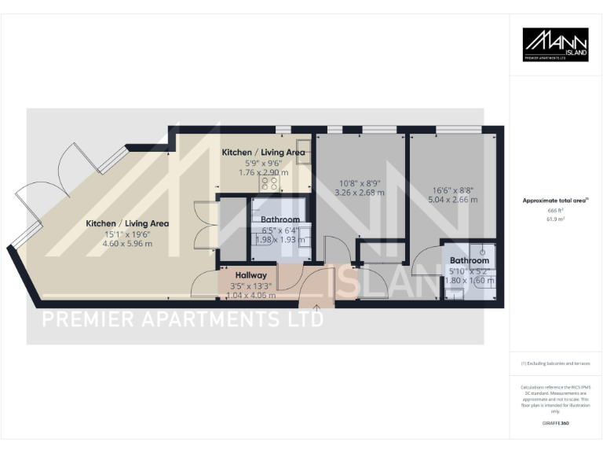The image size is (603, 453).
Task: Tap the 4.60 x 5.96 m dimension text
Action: [x=127, y=244]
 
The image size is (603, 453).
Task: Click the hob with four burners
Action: [x=270, y=182]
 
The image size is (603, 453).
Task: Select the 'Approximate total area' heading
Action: [x=555, y=201]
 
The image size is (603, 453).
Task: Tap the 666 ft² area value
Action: [x=555, y=212]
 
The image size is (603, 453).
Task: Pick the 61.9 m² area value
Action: [x=555, y=222]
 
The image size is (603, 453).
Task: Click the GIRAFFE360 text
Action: [x=555, y=423]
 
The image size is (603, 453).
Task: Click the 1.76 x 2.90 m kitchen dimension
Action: [x=264, y=172]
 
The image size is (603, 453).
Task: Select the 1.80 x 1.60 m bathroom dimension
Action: [x=470, y=280]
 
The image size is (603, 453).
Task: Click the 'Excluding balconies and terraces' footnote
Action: [x=556, y=363]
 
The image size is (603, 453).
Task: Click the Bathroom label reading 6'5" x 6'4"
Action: [x=280, y=219]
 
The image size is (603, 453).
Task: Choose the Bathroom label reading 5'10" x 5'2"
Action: [x=470, y=260]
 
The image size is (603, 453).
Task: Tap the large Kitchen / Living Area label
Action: [x=127, y=223]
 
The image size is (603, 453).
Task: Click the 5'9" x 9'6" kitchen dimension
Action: [x=264, y=163]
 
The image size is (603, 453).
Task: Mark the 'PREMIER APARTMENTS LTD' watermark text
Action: [x=182, y=319]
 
